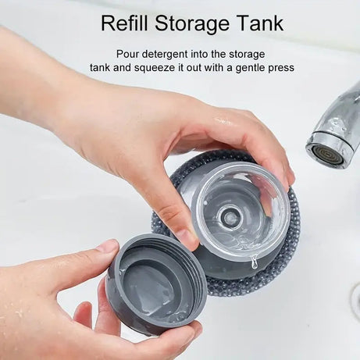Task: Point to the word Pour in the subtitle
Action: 130,53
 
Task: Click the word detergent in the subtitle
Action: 177,53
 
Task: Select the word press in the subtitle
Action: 281,68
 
